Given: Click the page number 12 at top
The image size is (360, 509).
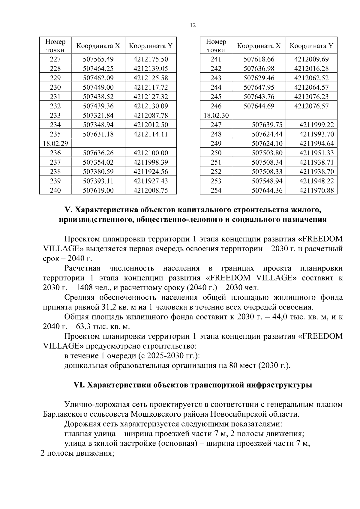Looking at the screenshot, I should point(193,25).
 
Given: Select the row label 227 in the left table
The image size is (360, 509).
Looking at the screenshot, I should point(55,59).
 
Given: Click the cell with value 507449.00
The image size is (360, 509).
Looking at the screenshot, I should point(98,87).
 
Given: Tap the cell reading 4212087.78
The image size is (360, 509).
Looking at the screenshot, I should point(151,115).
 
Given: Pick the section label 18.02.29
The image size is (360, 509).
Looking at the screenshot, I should point(55,143).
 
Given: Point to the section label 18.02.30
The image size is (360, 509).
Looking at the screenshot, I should point(216,115).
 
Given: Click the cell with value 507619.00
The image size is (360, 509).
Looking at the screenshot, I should point(98,190).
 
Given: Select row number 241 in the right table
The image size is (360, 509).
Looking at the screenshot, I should point(216,59).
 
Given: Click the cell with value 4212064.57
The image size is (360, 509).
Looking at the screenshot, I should point(311,87).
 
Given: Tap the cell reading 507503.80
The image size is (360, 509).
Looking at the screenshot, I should point(267,153).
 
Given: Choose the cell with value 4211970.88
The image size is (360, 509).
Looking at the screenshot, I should point(316,190).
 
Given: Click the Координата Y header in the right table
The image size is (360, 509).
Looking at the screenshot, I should point(311,46).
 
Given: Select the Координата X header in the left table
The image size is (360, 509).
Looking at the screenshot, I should point(98,46).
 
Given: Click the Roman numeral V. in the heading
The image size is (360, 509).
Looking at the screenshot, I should point(67,209).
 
